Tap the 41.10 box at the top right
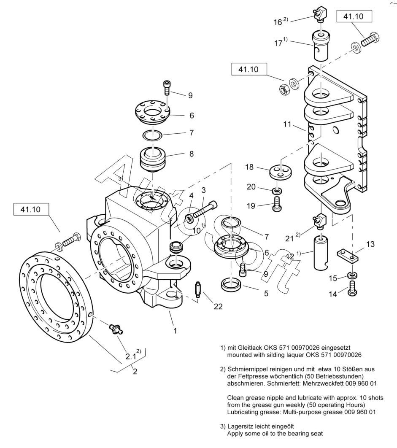click(x=355, y=17)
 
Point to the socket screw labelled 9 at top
click(x=166, y=89)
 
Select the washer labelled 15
click(x=351, y=276)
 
